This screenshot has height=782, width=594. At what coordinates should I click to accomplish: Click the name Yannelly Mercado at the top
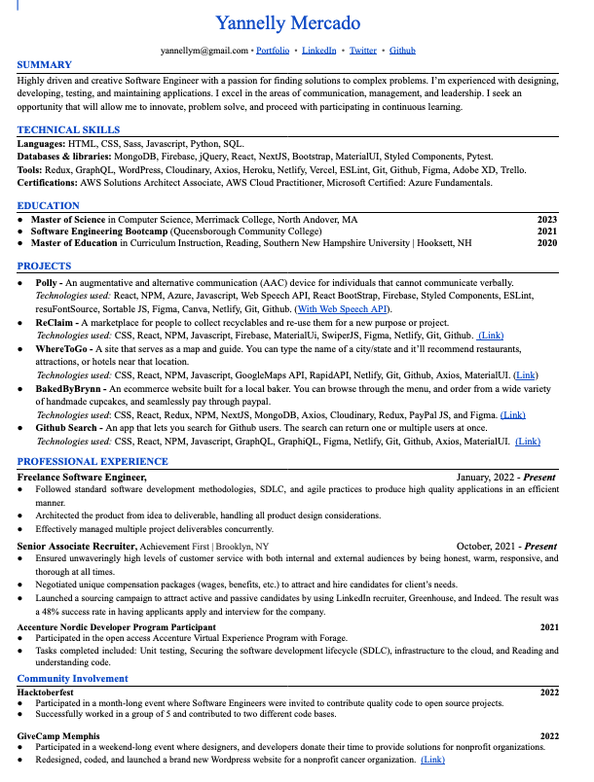[x=287, y=23]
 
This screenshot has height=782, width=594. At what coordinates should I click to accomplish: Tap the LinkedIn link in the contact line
[x=319, y=49]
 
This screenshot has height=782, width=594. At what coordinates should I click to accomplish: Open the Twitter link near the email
[x=362, y=49]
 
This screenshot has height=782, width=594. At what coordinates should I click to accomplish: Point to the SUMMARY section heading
[x=44, y=65]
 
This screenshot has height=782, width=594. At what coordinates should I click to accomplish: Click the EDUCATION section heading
[x=49, y=206]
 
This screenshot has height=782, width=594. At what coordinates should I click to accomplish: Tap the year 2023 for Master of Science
[x=547, y=220]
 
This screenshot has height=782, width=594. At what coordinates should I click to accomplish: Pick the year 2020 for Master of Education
[x=547, y=243]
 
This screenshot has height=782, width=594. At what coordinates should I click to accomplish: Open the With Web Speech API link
[x=347, y=308]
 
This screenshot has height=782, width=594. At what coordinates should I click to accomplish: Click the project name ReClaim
[x=55, y=322]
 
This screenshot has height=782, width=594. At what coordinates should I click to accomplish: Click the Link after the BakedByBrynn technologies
[x=512, y=414]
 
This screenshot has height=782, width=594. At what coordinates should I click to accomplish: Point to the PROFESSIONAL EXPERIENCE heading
[x=93, y=462]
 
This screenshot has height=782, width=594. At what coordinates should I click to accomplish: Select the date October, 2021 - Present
[x=506, y=547]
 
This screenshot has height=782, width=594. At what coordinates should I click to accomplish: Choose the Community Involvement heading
[x=72, y=679]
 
